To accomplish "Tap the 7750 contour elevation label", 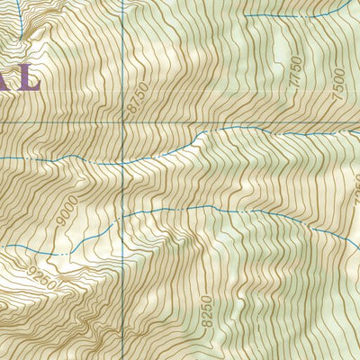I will click(x=298, y=70).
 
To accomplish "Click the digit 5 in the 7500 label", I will click(x=337, y=87).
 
